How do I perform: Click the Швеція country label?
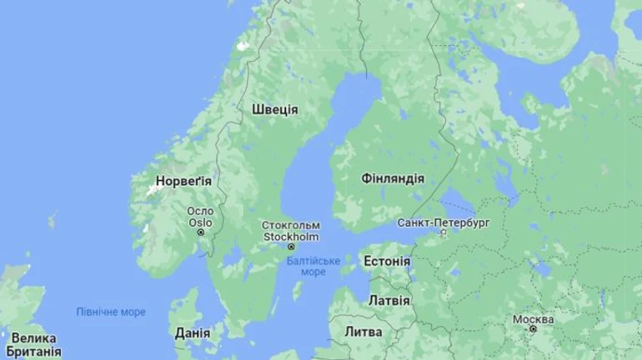point(274,109)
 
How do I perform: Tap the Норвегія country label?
point(183,180)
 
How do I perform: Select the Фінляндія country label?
point(393,178)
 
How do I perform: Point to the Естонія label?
point(387,262)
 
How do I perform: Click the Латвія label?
point(389,300)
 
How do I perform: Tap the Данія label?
point(193,333)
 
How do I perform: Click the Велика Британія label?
point(31,345)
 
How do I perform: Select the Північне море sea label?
point(111,312)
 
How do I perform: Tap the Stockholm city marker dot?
point(291,247)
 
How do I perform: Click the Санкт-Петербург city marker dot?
point(444,233)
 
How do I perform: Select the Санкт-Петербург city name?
point(443,223)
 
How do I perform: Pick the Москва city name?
point(533,320)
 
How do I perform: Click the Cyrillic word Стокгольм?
point(291,226)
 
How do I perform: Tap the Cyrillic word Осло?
point(200,212)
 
